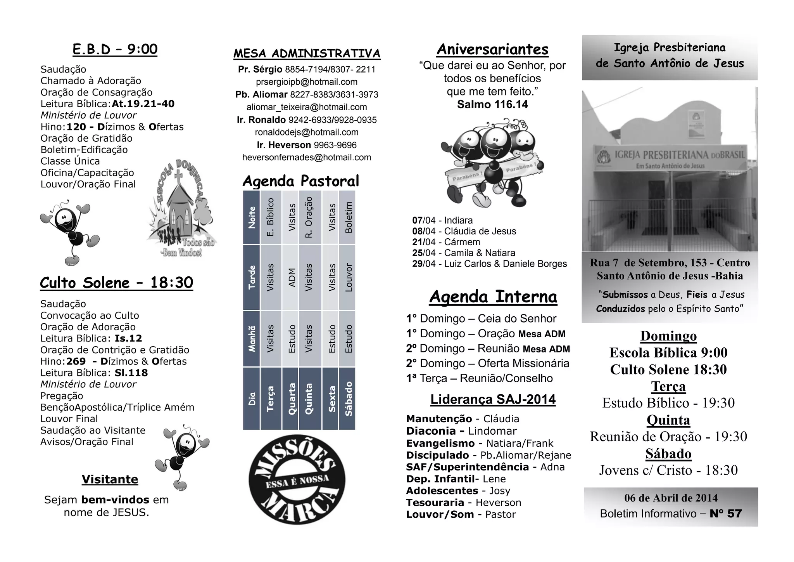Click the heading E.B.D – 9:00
pos(115,50)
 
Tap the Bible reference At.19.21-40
pos(143,104)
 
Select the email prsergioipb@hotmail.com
pos(307,82)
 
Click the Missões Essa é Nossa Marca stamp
pos(297,480)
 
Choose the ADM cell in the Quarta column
pos(292,278)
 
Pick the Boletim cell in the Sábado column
pos(348,217)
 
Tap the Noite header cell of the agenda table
pos(252,217)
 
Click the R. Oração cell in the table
pos(309,217)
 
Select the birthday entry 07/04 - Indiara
pos(442,220)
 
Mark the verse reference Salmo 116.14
pos(492,105)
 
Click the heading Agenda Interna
pos(493,297)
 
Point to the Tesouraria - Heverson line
pos(463,503)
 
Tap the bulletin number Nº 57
pos(725,514)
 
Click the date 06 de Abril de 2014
pos(671,498)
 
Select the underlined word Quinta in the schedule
pos(668,420)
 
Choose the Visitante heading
pos(110,479)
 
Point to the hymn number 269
pos(76,361)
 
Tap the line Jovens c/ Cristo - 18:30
pos(668,470)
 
